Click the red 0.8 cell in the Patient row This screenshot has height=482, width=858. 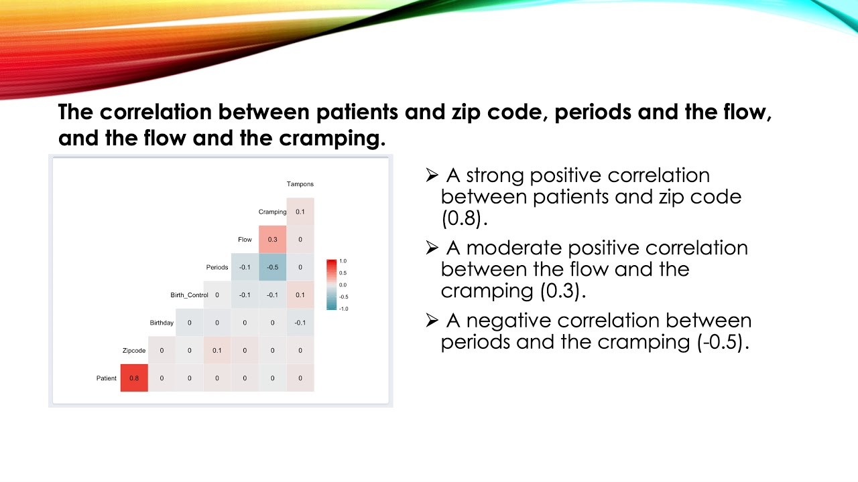(134, 378)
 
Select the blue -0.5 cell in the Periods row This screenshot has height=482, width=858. (272, 267)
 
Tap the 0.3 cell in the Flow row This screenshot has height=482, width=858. (272, 239)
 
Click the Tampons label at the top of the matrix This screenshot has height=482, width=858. (300, 184)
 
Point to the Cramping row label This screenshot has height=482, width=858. (272, 212)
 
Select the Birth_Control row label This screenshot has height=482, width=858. (189, 295)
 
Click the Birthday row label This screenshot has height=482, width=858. (162, 323)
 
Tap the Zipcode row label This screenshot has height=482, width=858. (134, 350)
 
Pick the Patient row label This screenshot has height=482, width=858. (106, 378)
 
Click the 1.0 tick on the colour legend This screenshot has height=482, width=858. (343, 261)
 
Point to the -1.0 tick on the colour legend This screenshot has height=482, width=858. (343, 309)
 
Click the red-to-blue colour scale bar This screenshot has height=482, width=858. (331, 285)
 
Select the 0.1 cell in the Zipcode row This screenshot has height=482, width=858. (217, 350)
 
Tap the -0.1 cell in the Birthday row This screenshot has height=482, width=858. (300, 323)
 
